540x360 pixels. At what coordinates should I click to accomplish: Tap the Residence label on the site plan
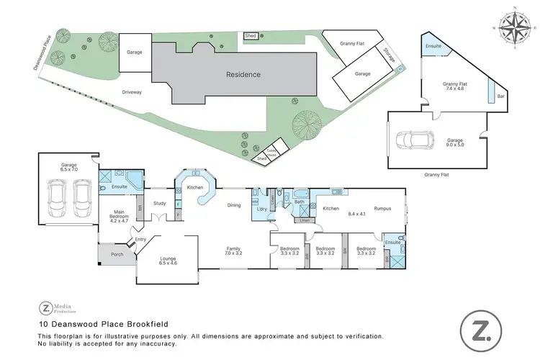243,74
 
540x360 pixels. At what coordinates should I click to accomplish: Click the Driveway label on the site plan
131,92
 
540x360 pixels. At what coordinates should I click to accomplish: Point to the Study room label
160,203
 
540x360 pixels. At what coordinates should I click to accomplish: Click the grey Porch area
116,255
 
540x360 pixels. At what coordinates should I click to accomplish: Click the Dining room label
234,205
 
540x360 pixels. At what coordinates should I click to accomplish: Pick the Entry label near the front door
140,240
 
